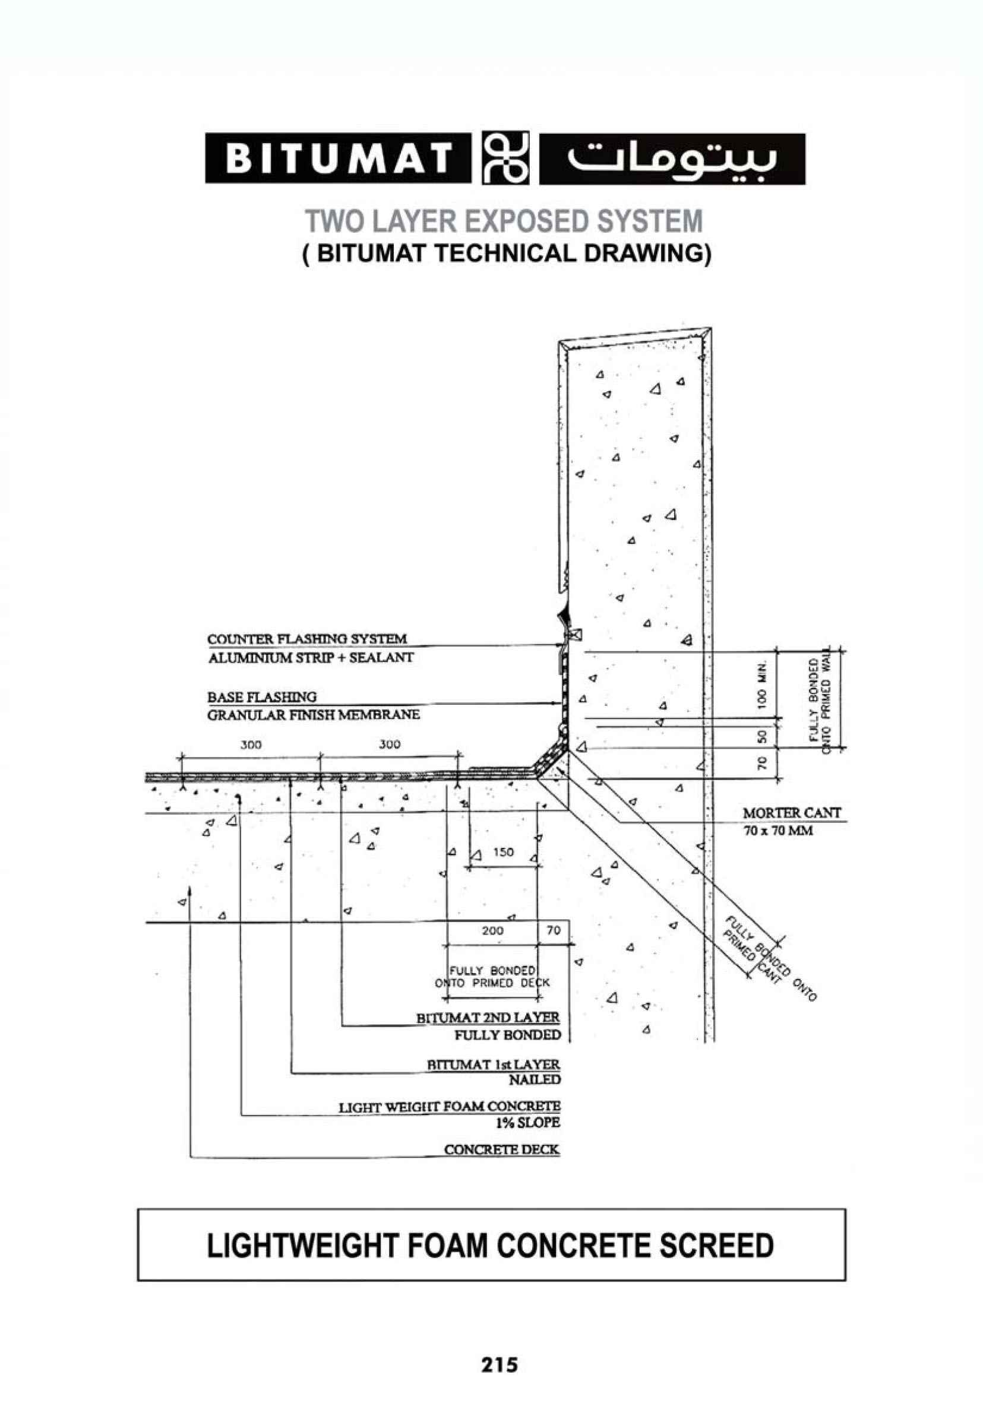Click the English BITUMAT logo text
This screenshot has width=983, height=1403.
338,158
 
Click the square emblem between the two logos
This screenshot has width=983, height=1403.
505,158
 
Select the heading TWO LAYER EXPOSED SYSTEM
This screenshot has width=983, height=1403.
504,221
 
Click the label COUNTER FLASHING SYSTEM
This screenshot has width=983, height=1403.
307,639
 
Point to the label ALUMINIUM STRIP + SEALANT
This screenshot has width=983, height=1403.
311,657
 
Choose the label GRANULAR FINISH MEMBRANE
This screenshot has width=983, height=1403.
314,714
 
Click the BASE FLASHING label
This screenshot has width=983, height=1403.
262,696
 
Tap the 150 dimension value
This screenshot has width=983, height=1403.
503,852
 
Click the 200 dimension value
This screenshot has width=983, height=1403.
493,930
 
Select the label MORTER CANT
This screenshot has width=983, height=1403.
792,813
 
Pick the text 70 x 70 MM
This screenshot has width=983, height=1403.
778,831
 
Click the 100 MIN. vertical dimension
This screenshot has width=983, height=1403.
761,684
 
